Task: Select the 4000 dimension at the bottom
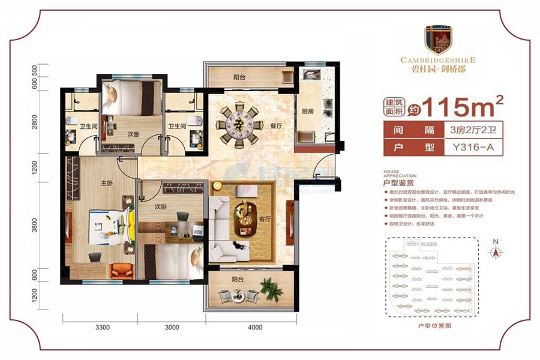254,328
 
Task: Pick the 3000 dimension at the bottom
172,328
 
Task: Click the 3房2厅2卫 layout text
466,128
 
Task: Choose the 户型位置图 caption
433,325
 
